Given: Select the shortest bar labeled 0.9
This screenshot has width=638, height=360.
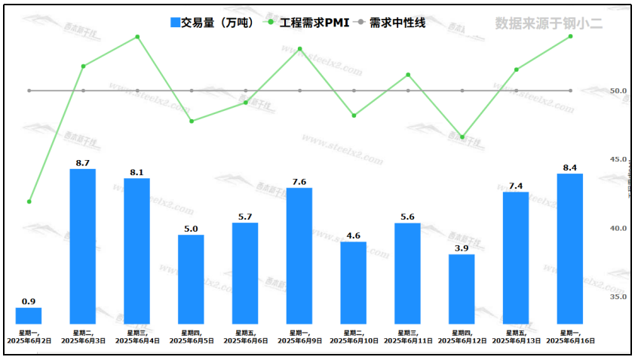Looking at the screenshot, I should click(29, 315).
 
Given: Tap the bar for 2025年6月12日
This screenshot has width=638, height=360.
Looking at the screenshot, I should click(462, 289).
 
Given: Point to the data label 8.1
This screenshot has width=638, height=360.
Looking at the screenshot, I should click(136, 172).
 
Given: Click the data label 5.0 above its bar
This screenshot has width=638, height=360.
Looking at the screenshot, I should click(191, 229).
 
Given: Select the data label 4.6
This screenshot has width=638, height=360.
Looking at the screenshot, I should click(354, 235).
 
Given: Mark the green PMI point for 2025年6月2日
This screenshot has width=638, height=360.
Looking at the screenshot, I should click(29, 202).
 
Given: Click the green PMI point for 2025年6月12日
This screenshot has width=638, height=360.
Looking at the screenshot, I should click(462, 137).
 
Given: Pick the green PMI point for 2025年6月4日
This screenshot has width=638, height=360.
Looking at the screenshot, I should click(137, 37).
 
